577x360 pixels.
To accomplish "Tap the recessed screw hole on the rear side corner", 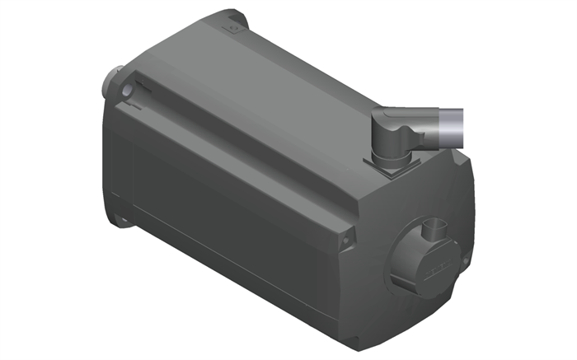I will coord(347,240).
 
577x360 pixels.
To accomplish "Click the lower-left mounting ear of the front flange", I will coord(121,219).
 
